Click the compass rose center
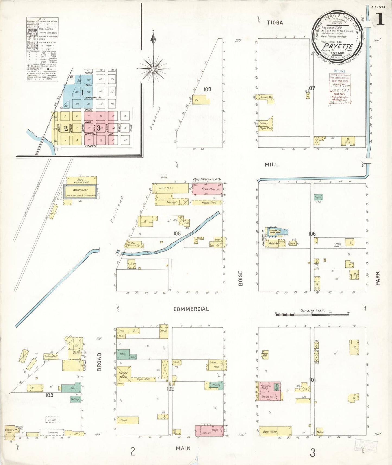[x=153, y=69]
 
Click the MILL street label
[x=272, y=164]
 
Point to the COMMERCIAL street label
[x=191, y=309]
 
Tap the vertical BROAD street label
[x=99, y=362]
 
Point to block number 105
[x=177, y=233]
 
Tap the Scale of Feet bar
[x=312, y=314]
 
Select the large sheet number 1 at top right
[x=380, y=20]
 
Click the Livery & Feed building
[x=124, y=375]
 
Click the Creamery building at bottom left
[x=10, y=431]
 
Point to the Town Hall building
[x=265, y=355]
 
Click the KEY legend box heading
[x=42, y=19]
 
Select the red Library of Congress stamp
[x=340, y=89]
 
